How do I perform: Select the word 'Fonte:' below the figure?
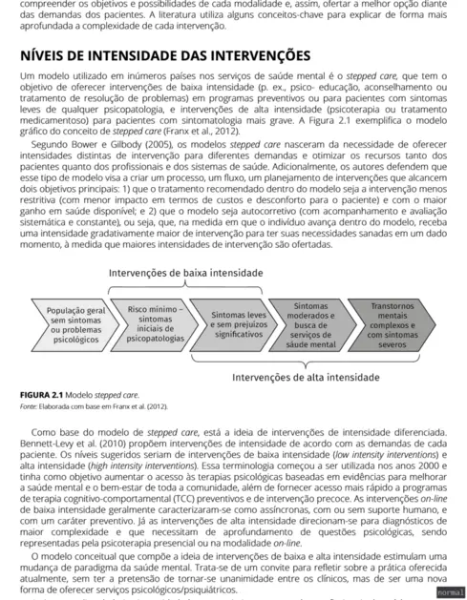pos(31,406)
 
